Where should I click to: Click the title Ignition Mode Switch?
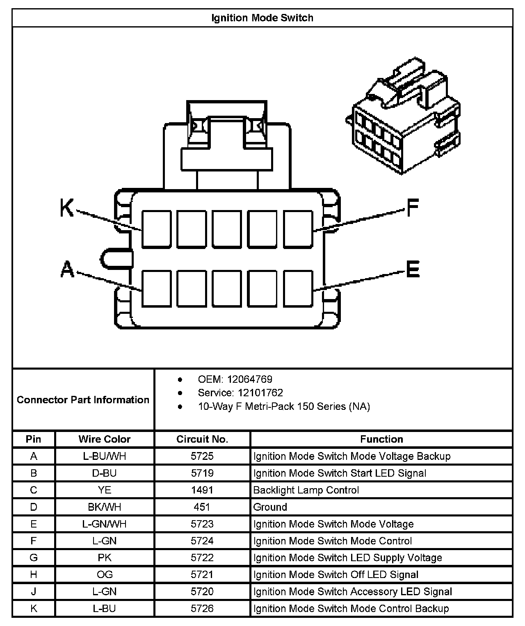(262, 18)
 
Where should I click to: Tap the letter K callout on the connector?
(66, 208)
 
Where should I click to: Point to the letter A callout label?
(67, 270)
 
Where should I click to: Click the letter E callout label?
(413, 269)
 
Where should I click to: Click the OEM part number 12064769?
(249, 379)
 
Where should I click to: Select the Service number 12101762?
(260, 393)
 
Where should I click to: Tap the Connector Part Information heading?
(83, 400)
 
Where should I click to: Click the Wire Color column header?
(104, 439)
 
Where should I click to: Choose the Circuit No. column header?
(202, 439)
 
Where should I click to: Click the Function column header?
(381, 439)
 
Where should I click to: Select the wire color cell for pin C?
(104, 490)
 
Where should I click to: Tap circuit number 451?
(202, 507)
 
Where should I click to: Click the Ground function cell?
(270, 507)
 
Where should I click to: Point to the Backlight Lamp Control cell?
(306, 490)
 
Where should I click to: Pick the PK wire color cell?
(104, 558)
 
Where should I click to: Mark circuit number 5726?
(202, 608)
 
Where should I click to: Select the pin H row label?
(34, 575)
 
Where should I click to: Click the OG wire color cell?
(104, 575)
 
